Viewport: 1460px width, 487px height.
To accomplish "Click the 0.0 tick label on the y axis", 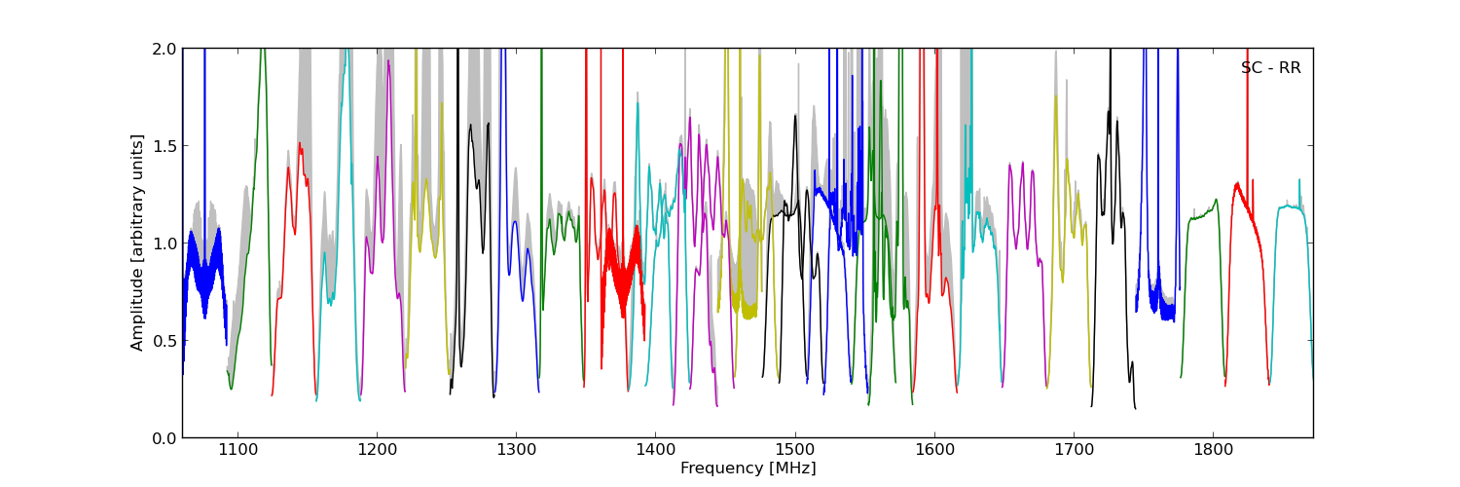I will [x=165, y=438].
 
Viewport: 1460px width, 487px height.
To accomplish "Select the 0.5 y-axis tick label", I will [x=165, y=341].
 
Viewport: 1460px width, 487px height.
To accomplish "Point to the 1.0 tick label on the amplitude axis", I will [x=165, y=243].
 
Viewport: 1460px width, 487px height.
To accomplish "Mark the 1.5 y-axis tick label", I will [x=165, y=146].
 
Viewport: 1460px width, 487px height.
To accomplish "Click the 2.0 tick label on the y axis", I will [x=165, y=49].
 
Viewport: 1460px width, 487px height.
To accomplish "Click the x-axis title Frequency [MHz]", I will [x=748, y=468].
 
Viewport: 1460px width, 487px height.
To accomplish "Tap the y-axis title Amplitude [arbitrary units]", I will [x=138, y=243].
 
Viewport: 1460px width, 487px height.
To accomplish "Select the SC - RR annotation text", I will [x=1270, y=68].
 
